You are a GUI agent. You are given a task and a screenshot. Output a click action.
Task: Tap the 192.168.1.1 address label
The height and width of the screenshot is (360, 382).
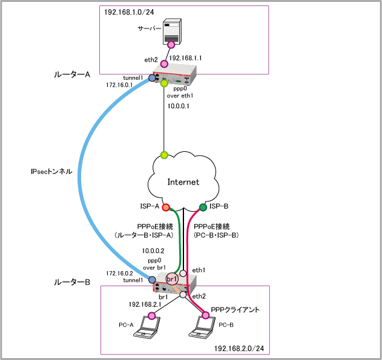(186, 58)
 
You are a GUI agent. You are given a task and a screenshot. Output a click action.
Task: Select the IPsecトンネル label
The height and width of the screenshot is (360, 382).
(51, 172)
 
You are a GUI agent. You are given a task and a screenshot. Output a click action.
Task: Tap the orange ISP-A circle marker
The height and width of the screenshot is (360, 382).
(165, 206)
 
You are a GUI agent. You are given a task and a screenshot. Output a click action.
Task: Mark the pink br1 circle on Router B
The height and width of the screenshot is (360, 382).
(171, 278)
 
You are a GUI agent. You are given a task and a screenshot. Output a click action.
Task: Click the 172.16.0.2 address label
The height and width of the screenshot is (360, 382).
(119, 273)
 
